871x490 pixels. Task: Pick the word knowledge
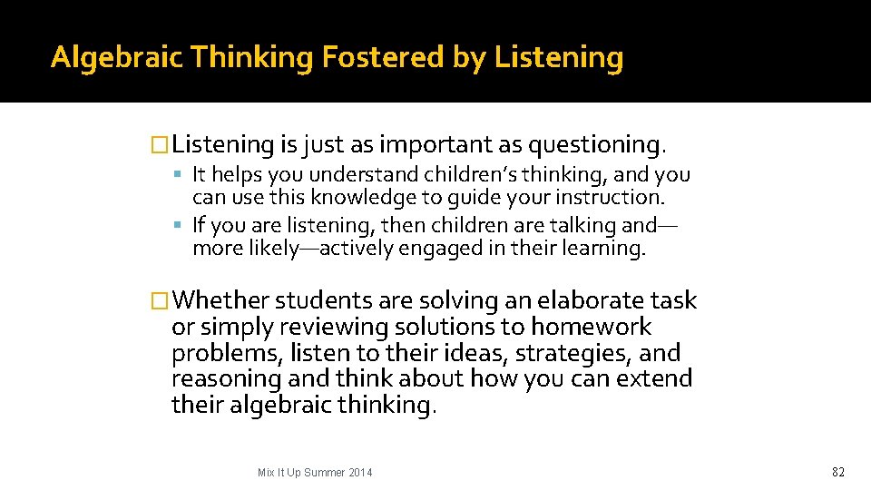[x=357, y=197]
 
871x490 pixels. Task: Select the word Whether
[x=221, y=300]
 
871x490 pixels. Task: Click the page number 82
[x=837, y=472]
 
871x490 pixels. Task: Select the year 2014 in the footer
[x=357, y=473]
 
